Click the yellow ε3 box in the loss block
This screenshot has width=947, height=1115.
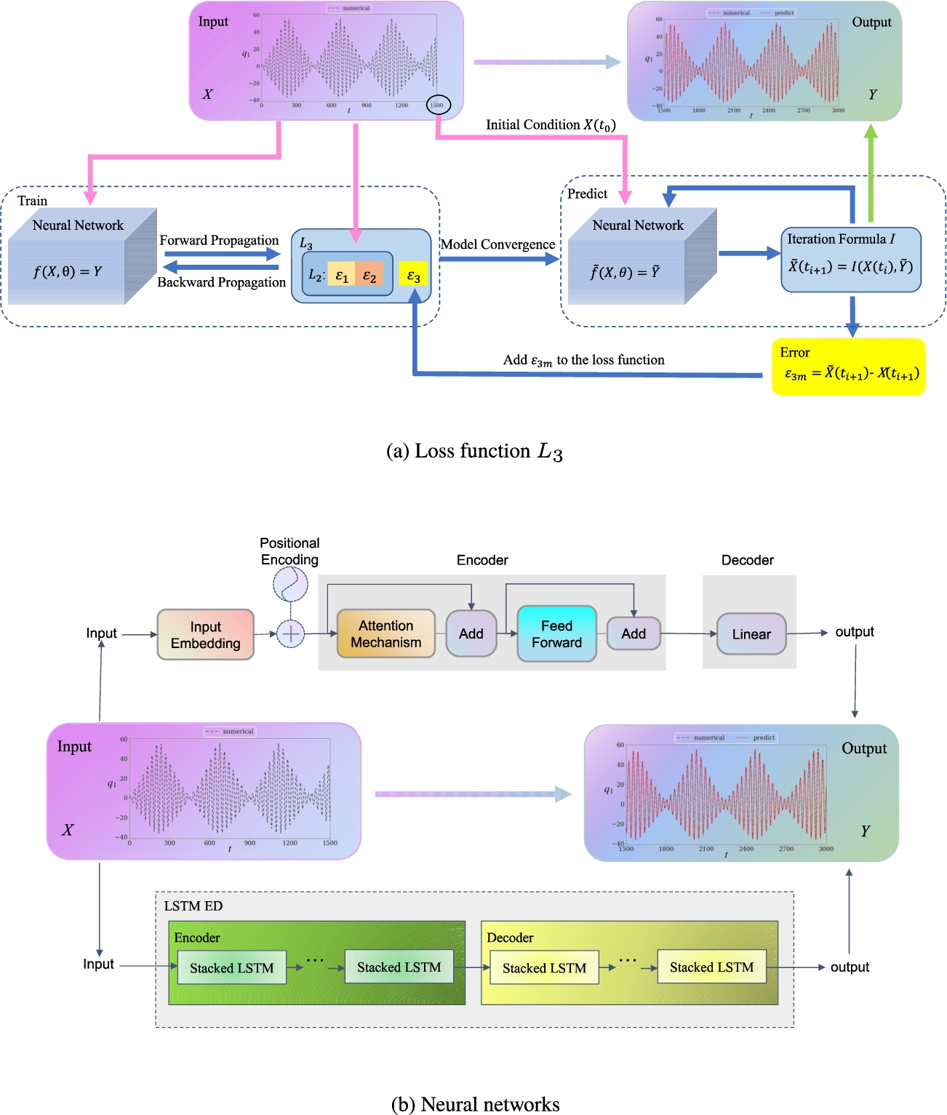[x=413, y=276]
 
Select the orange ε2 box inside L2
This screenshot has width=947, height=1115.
[x=369, y=276]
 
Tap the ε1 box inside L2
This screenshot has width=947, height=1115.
[x=341, y=276]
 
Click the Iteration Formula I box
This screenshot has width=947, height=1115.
[x=850, y=260]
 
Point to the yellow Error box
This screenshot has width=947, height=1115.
[x=848, y=367]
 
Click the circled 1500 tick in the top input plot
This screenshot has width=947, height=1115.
[x=438, y=105]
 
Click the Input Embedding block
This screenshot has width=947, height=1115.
[x=206, y=635]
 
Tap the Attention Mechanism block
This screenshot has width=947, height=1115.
[x=386, y=634]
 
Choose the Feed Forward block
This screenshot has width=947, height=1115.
[x=556, y=634]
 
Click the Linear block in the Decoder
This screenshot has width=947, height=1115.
[x=751, y=634]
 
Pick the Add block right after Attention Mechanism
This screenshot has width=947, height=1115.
[x=471, y=634]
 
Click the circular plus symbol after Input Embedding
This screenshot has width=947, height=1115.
[x=291, y=634]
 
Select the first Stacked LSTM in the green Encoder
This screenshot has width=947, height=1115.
[x=231, y=968]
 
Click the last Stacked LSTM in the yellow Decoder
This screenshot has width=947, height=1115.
[x=711, y=967]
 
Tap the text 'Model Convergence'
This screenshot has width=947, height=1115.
[x=498, y=244]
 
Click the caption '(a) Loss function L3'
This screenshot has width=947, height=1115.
[x=474, y=452]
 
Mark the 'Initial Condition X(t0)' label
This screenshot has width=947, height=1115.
[x=551, y=125]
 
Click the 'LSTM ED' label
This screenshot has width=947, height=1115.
[x=193, y=906]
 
